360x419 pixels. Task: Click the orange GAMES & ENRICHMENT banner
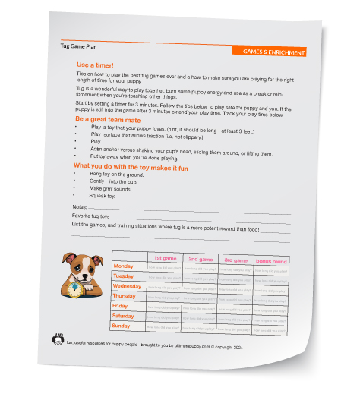(274, 52)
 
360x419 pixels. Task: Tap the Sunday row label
(121, 326)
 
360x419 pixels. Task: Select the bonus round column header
(270, 262)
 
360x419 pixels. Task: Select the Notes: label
(79, 206)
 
